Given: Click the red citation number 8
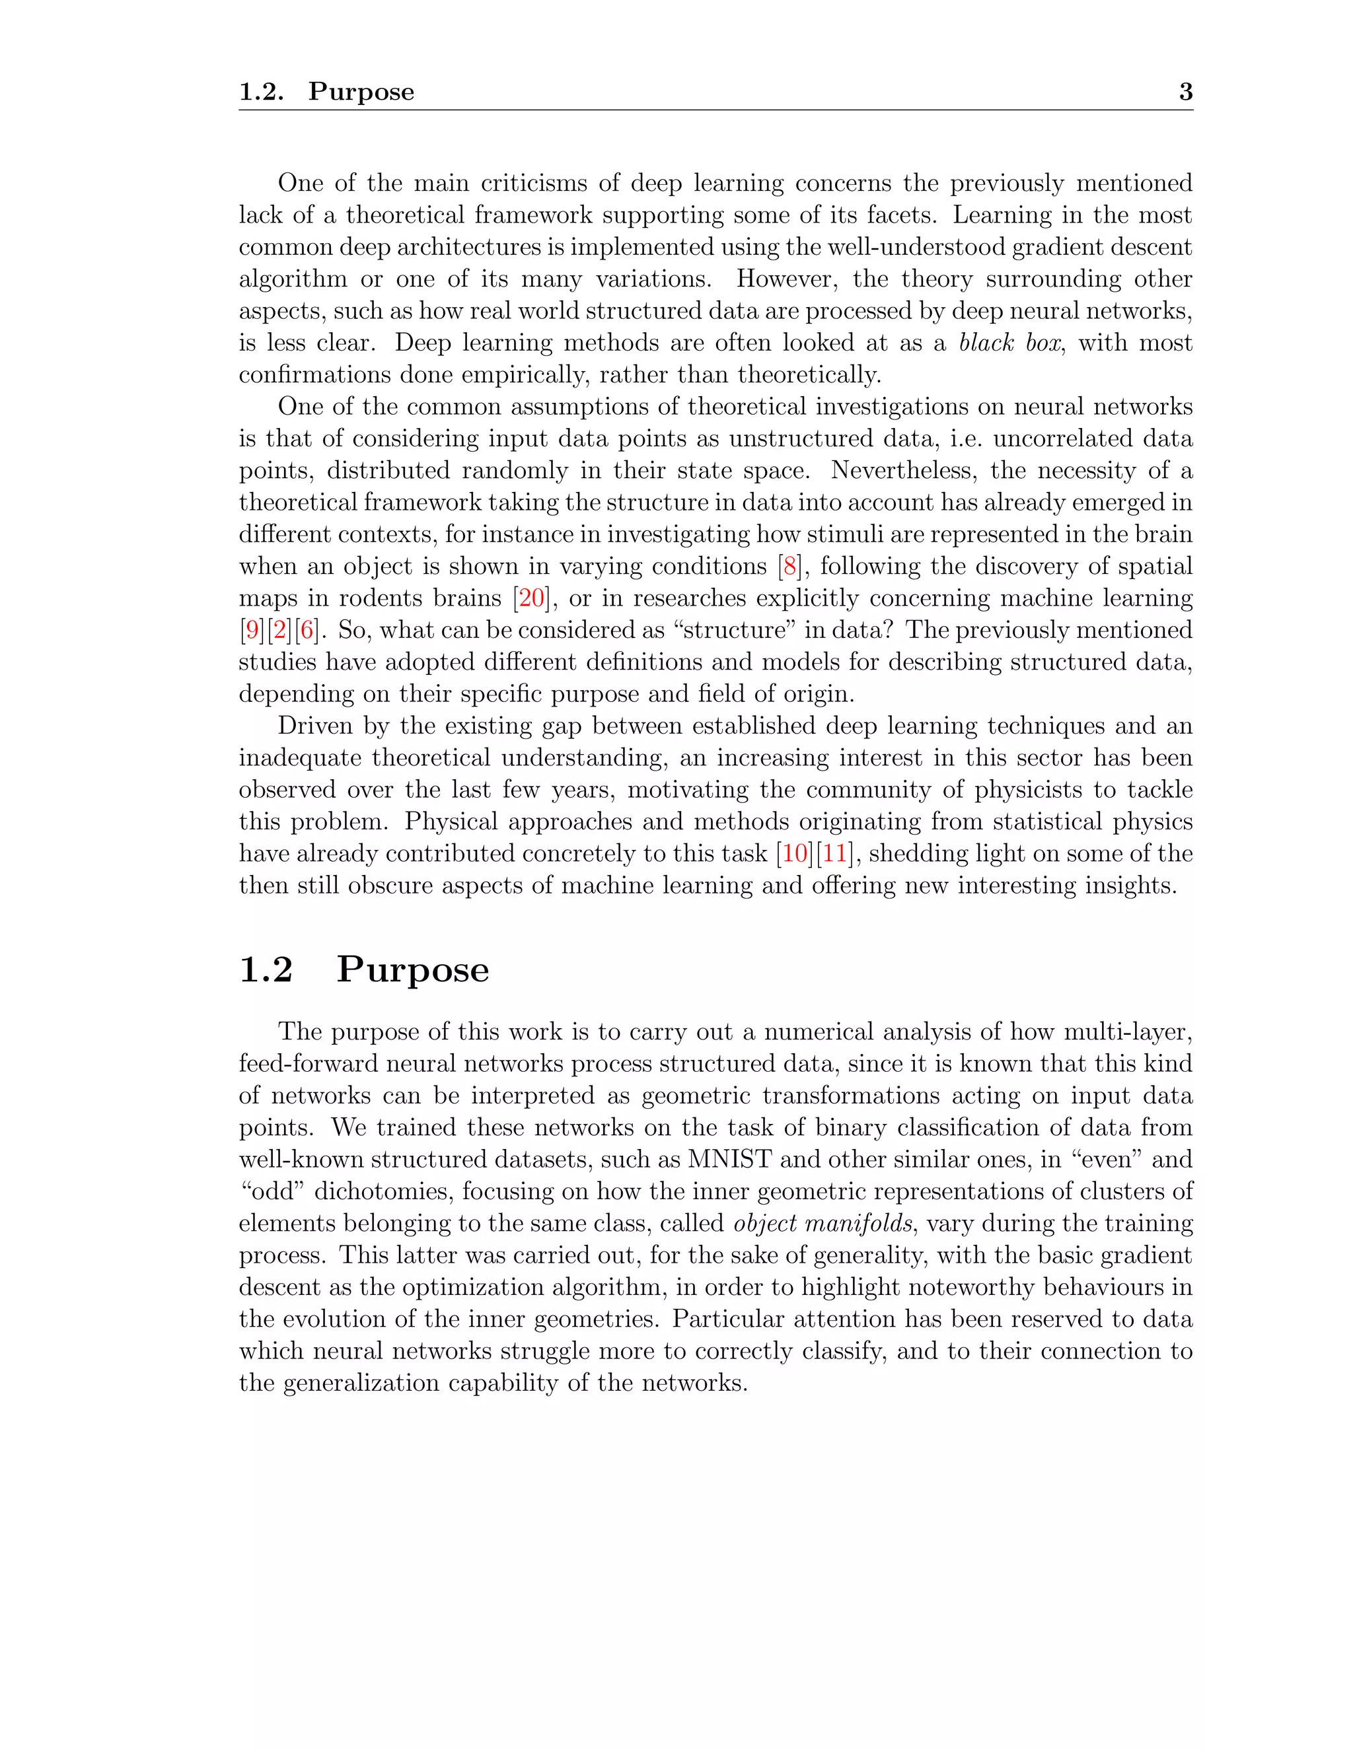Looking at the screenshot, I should click(790, 567).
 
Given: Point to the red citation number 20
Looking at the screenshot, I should click(531, 598).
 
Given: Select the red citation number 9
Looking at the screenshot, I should click(252, 631).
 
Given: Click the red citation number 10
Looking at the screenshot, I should click(794, 853).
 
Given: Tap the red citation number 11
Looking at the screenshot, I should click(834, 853).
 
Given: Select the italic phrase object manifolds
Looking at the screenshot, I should click(823, 1224).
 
